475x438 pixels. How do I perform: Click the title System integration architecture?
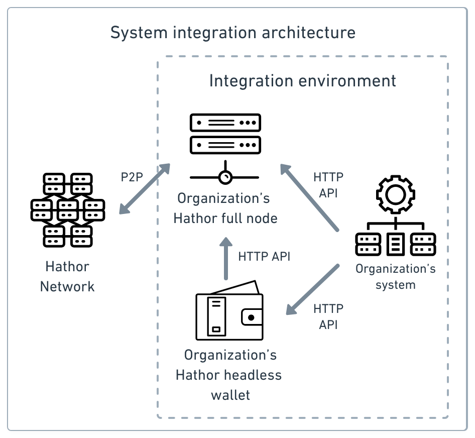point(232,33)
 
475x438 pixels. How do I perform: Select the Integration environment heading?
point(302,81)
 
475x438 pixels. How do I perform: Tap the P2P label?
point(132,177)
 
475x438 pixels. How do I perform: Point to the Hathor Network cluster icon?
point(67,210)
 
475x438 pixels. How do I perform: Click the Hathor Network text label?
point(67,276)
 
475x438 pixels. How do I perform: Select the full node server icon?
point(225,134)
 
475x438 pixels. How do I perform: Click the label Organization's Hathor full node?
point(225,208)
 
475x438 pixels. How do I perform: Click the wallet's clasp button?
point(252,317)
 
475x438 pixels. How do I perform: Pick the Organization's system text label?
point(395,276)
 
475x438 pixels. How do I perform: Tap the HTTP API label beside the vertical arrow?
point(264,256)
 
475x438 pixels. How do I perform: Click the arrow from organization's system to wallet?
point(313,290)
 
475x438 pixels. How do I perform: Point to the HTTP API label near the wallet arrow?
point(328,316)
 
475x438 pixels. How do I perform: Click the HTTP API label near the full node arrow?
point(328,185)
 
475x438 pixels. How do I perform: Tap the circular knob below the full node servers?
point(225,177)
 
